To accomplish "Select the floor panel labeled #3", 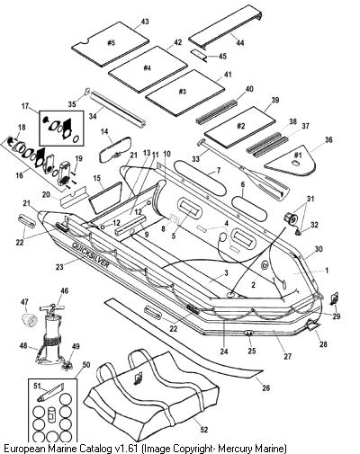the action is [184, 93].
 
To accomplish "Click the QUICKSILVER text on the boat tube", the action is [91, 254].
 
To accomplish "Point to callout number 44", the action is [239, 42].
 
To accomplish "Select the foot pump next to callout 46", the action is [51, 333].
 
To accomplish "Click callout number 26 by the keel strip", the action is [265, 387].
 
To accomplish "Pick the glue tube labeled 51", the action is [49, 393].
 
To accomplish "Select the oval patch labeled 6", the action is [249, 209].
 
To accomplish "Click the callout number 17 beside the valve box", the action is [25, 106].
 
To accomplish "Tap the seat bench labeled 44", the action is [226, 26].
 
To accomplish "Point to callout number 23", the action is [59, 266].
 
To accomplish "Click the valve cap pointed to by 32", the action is [298, 233].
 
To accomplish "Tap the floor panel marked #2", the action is [239, 127].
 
